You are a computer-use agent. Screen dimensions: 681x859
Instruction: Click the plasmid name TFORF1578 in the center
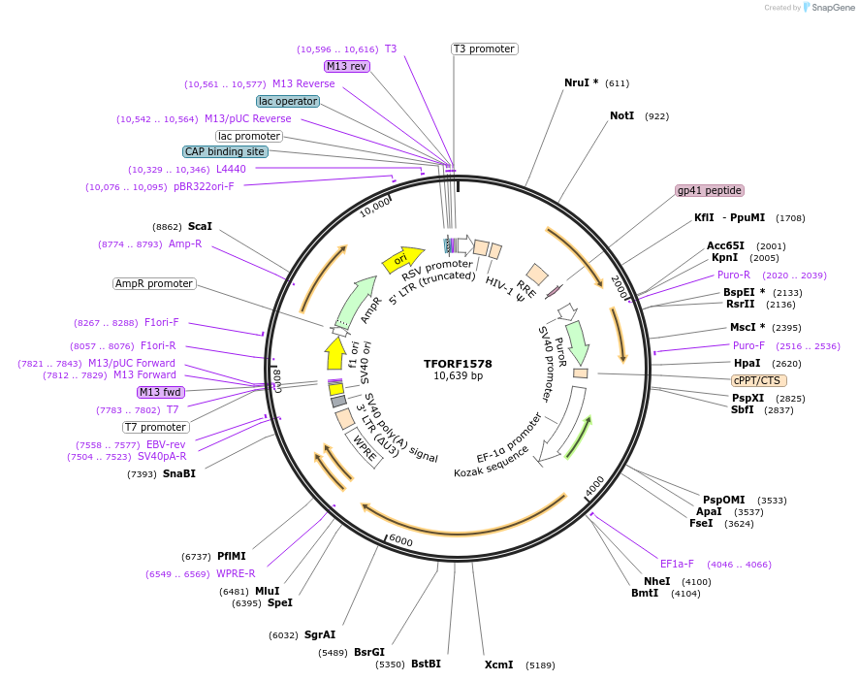click(458, 364)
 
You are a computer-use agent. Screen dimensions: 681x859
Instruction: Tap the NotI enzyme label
click(621, 116)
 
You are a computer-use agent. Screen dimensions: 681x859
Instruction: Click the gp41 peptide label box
click(710, 191)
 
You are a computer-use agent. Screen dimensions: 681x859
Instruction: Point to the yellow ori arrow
click(402, 259)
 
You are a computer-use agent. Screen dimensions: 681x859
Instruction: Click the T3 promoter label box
click(484, 49)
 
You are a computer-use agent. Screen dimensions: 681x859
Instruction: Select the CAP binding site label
click(225, 152)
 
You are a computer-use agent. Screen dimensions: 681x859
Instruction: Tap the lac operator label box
click(288, 101)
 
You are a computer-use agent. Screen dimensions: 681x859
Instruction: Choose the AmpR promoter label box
click(154, 284)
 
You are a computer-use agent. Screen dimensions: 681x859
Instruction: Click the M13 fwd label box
click(161, 392)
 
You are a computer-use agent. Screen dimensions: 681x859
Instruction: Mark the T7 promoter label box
click(155, 427)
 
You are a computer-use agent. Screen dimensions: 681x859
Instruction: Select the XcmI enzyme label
click(498, 665)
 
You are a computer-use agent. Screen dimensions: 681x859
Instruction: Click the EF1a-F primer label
click(677, 564)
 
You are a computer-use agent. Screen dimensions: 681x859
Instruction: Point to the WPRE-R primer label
click(236, 573)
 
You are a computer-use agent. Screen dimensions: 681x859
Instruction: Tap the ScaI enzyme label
click(200, 226)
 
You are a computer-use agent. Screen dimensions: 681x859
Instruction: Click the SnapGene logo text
click(832, 8)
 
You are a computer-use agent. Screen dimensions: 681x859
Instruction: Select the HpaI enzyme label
click(747, 363)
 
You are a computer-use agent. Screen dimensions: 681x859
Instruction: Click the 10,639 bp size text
click(458, 376)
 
